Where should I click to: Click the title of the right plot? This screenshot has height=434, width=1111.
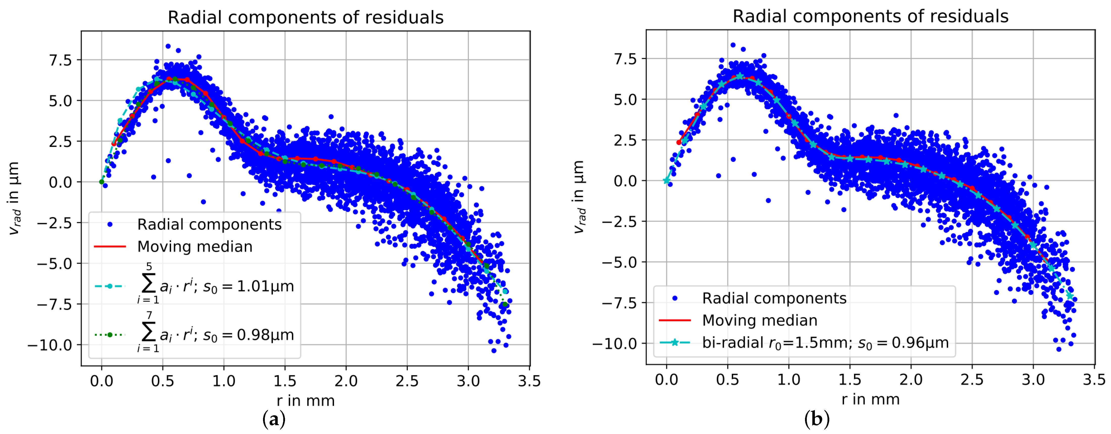point(870,16)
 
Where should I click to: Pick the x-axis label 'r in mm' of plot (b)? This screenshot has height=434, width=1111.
point(870,399)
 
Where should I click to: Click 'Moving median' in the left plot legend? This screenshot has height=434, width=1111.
point(195,247)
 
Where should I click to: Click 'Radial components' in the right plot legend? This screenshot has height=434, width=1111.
point(774,298)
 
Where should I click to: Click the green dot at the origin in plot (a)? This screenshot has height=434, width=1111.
point(102,182)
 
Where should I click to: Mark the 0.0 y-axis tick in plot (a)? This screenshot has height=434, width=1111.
point(61,182)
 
